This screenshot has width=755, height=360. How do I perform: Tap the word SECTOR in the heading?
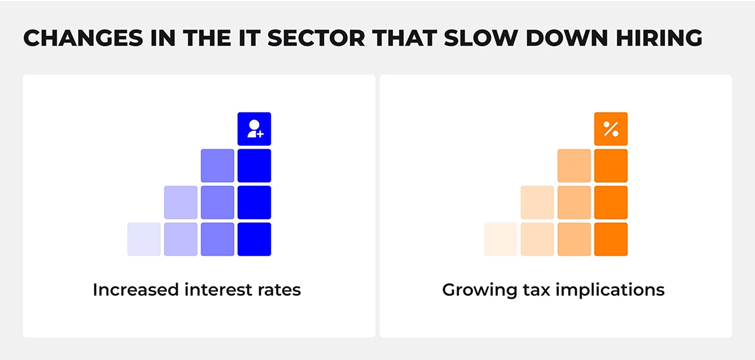pyautogui.click(x=316, y=38)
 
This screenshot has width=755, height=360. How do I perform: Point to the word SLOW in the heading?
pyautogui.click(x=481, y=38)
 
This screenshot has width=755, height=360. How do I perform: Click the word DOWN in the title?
pyautogui.click(x=567, y=38)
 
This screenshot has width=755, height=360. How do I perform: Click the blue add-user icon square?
pyautogui.click(x=254, y=129)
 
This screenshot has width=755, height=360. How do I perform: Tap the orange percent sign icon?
pyautogui.click(x=611, y=129)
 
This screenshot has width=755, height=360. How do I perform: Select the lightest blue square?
pyautogui.click(x=144, y=239)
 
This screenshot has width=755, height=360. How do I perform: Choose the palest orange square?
pyautogui.click(x=500, y=239)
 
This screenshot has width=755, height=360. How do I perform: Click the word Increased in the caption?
pyautogui.click(x=135, y=290)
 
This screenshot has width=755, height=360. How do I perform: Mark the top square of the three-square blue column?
pyautogui.click(x=217, y=166)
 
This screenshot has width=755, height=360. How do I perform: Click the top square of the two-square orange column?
pyautogui.click(x=537, y=202)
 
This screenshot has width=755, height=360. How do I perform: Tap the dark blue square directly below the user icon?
pyautogui.click(x=254, y=166)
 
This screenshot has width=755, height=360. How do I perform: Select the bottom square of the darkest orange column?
pyautogui.click(x=611, y=239)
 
